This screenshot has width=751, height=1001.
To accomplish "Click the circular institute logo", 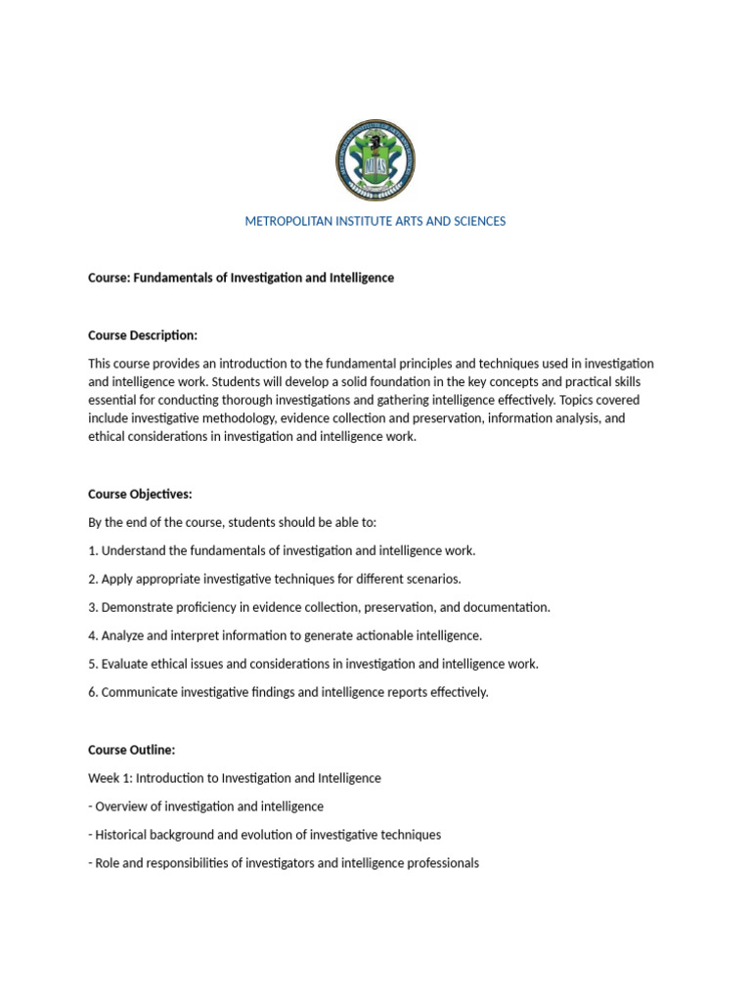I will pyautogui.click(x=375, y=160).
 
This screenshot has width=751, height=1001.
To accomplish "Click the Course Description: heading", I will pyautogui.click(x=143, y=336).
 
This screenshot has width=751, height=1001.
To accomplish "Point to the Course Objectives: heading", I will pyautogui.click(x=140, y=495).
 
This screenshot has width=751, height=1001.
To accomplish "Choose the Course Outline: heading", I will pyautogui.click(x=131, y=751).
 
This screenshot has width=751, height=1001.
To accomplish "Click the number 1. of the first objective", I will pyautogui.click(x=93, y=551).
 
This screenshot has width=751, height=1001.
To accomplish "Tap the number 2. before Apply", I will pyautogui.click(x=93, y=580).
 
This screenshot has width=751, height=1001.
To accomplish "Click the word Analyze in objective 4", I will pyautogui.click(x=124, y=636).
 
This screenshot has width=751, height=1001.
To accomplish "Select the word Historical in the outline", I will pyautogui.click(x=123, y=836).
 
